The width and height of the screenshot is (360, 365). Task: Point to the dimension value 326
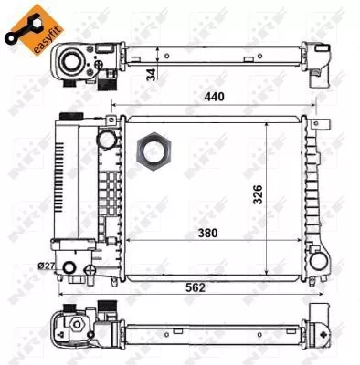point(259,193)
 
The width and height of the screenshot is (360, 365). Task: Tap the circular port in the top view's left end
point(71,61)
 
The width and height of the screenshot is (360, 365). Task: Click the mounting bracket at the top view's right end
point(321,65)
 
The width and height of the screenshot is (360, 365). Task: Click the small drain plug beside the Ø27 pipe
point(89,271)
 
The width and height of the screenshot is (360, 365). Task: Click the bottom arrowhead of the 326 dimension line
point(266,272)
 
